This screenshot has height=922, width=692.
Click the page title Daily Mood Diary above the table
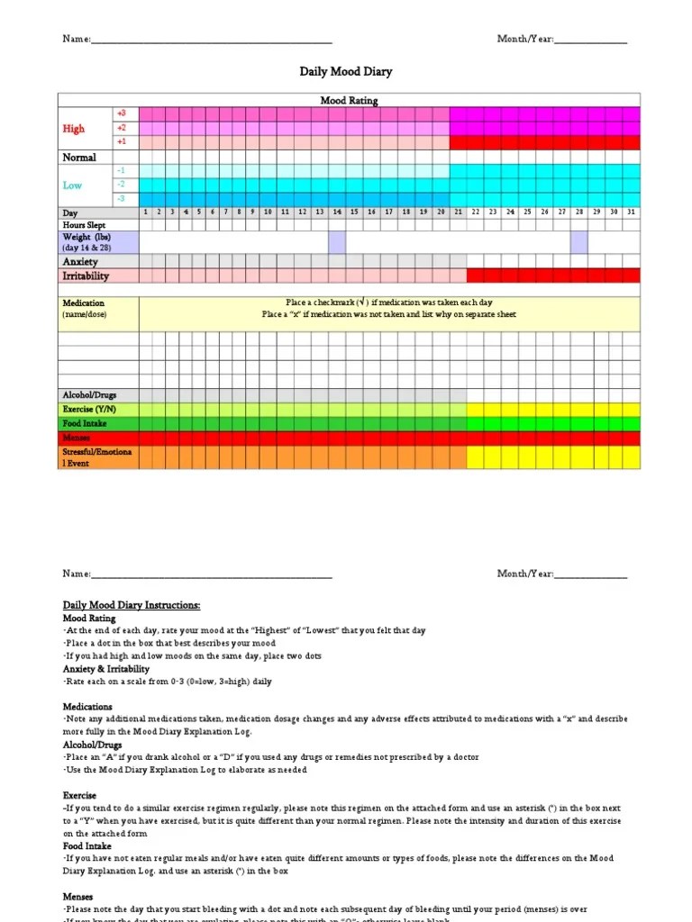346,71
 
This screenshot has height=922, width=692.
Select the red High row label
74,129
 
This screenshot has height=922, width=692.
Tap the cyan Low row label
72,185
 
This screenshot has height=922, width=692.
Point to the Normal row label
78,158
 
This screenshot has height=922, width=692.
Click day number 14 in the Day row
337,212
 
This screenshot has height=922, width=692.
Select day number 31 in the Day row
631,212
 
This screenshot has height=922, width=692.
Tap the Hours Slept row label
84,224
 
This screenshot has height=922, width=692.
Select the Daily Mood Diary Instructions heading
132,605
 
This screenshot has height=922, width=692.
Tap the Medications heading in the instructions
87,707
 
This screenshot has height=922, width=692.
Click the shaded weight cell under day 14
337,242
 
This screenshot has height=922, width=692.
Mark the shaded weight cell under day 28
579,242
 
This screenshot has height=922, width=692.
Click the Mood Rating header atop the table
350,100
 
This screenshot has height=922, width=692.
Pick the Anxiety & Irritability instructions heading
106,669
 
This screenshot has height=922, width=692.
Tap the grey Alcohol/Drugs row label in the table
89,395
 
